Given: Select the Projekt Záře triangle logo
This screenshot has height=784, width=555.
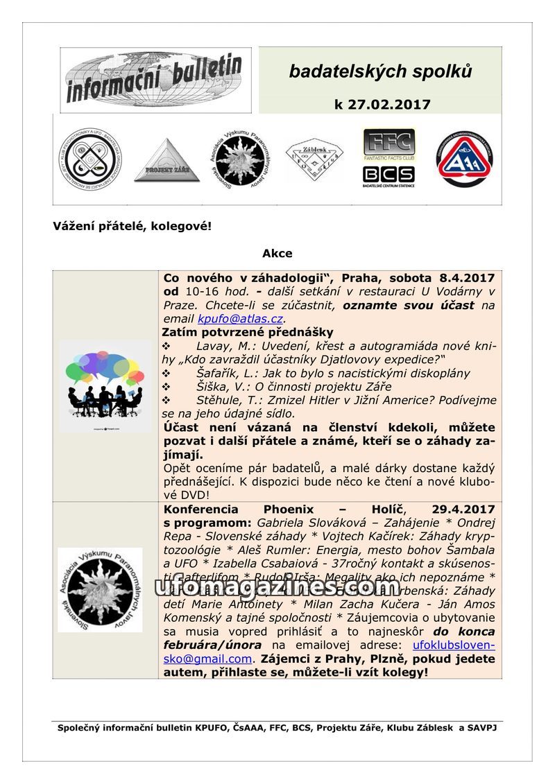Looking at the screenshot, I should pyautogui.click(x=166, y=161).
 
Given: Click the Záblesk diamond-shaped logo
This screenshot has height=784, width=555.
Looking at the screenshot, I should pyautogui.click(x=314, y=160).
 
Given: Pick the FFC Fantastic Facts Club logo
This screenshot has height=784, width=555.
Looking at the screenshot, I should pyautogui.click(x=389, y=145).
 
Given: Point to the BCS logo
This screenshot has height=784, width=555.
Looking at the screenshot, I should pyautogui.click(x=388, y=176).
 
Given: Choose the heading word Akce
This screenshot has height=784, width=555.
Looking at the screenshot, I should pyautogui.click(x=277, y=254).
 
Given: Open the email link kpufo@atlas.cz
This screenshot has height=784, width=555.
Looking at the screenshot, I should pyautogui.click(x=240, y=319).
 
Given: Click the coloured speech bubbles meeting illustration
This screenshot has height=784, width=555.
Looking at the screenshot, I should pyautogui.click(x=105, y=385).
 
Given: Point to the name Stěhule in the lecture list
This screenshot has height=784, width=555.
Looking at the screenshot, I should pyautogui.click(x=221, y=400).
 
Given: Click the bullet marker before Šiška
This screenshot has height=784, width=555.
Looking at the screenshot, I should pyautogui.click(x=166, y=387).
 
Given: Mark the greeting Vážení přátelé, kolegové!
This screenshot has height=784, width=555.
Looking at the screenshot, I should pyautogui.click(x=132, y=227).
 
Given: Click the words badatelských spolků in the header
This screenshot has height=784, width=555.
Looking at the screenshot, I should pyautogui.click(x=380, y=71).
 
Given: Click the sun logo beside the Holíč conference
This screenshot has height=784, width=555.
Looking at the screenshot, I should pyautogui.click(x=100, y=589).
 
